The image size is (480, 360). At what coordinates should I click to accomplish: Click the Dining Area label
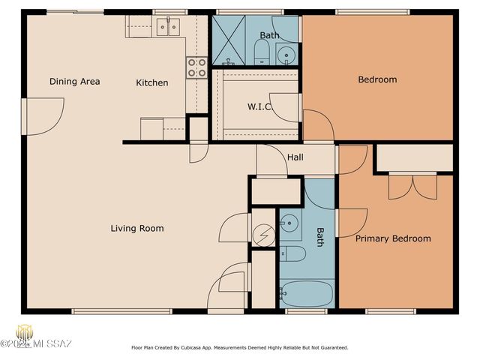[x=75, y=82]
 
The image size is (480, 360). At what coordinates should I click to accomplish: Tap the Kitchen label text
[x=151, y=82]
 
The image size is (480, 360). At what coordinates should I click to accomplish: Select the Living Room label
[x=137, y=228]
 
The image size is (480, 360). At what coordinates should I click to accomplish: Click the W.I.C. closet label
[x=259, y=106]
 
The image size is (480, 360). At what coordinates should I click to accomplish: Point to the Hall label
[x=295, y=157]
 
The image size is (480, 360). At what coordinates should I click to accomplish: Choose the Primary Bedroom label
[x=393, y=238]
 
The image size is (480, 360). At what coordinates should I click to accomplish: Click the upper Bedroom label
[x=377, y=79]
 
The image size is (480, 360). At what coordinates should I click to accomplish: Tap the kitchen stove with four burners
[x=196, y=68]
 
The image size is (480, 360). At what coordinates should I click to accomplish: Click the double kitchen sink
[x=168, y=28]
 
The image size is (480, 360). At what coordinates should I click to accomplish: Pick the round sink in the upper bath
[x=286, y=54]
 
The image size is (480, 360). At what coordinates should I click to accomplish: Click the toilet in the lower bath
[x=294, y=254]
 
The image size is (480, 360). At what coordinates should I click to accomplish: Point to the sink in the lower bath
[x=289, y=222]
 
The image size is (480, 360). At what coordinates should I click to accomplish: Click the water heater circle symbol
[x=263, y=235]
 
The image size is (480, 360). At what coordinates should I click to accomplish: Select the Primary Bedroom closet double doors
[x=412, y=185]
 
